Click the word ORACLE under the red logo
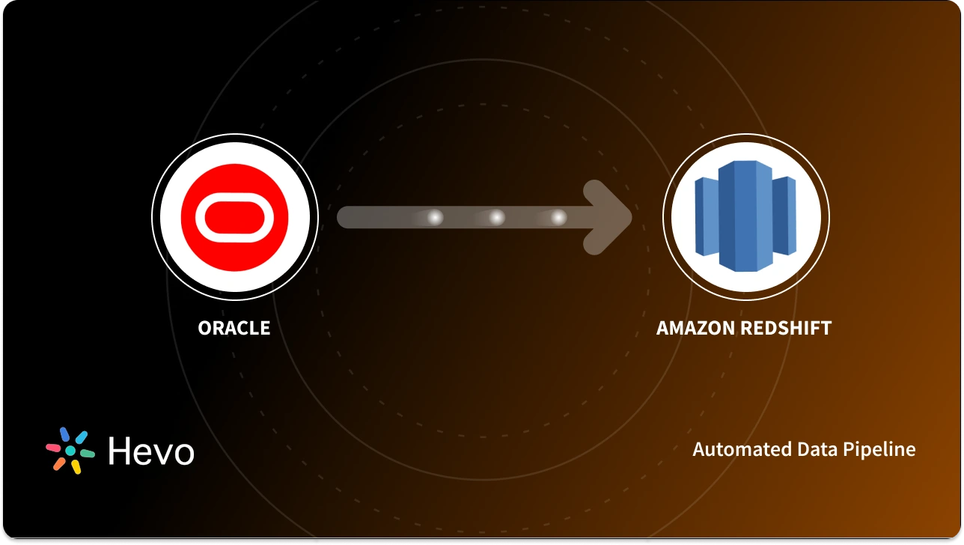coord(234,328)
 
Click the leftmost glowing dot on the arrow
coord(434,217)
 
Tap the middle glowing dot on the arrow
coord(496,217)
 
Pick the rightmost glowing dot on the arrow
coord(558,217)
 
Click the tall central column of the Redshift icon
coord(745,217)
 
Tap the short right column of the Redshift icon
coord(784,217)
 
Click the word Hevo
coord(151,451)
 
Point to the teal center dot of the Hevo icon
coord(70,451)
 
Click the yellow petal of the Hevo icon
coord(76,466)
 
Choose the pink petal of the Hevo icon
coord(53,448)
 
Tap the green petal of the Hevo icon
coord(87,454)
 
